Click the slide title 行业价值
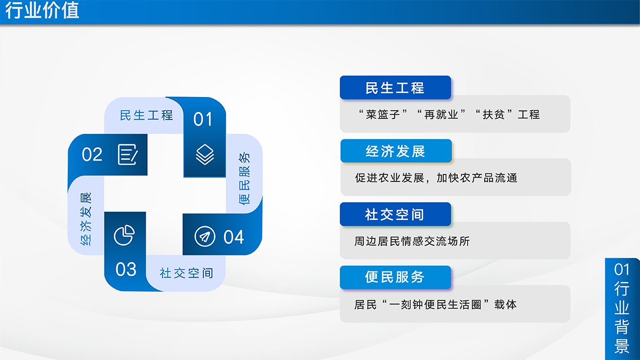[x=42, y=10]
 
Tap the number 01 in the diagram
[x=203, y=119]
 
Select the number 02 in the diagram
[x=92, y=155]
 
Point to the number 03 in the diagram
[x=126, y=269]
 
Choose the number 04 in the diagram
[x=234, y=237]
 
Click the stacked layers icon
[x=205, y=155]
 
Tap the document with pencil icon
[x=127, y=155]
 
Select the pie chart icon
[x=124, y=235]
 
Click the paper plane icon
[x=205, y=237]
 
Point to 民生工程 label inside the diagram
[x=146, y=115]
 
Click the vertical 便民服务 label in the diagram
[x=244, y=179]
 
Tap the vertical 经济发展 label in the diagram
[x=86, y=219]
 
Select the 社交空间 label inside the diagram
[x=186, y=273]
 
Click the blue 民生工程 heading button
[x=395, y=87]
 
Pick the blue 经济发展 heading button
[x=396, y=151]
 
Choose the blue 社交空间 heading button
[x=395, y=214]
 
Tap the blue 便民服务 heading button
[x=395, y=277]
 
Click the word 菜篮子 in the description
[x=383, y=115]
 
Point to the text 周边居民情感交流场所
[x=412, y=241]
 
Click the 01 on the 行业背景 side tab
[x=622, y=269]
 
